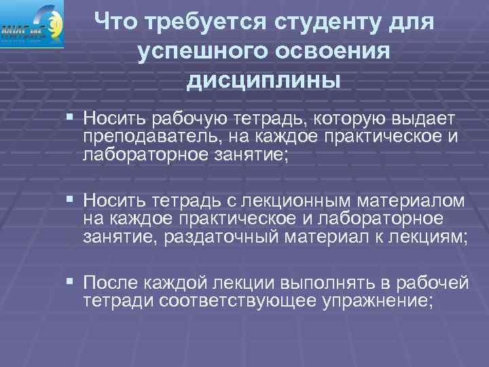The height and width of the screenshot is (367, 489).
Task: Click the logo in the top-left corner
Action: click(x=33, y=24)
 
